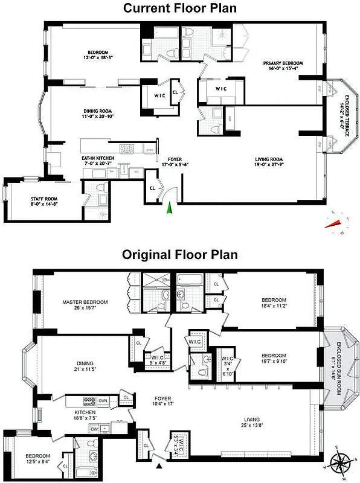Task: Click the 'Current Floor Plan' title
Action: point(179,8)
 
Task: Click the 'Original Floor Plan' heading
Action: point(179,255)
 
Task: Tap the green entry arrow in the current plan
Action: point(170,208)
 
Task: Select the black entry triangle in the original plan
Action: point(159,465)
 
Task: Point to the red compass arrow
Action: point(333,223)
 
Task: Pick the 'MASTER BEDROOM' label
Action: point(85,302)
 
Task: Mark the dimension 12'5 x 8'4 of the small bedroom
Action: point(37,461)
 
